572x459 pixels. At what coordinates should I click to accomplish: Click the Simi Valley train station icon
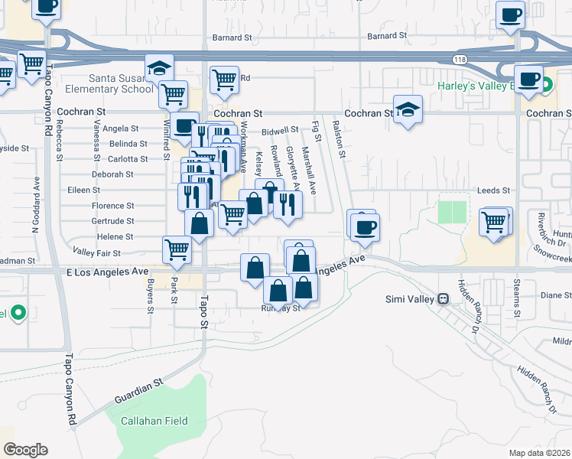pyautogui.click(x=443, y=298)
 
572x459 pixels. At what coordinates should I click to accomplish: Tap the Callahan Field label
pyautogui.click(x=154, y=421)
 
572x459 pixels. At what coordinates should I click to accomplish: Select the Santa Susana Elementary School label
pyautogui.click(x=122, y=83)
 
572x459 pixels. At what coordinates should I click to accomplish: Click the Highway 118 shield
pyautogui.click(x=459, y=59)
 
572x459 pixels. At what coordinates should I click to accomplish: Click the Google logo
pyautogui.click(x=25, y=450)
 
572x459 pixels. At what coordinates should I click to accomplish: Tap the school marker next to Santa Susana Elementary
pyautogui.click(x=160, y=68)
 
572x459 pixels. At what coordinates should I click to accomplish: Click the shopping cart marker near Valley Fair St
pyautogui.click(x=177, y=249)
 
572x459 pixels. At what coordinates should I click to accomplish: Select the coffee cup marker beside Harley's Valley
pyautogui.click(x=528, y=79)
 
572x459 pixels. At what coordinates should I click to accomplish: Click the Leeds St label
pyautogui.click(x=493, y=190)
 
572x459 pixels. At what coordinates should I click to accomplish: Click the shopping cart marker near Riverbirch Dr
pyautogui.click(x=494, y=222)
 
